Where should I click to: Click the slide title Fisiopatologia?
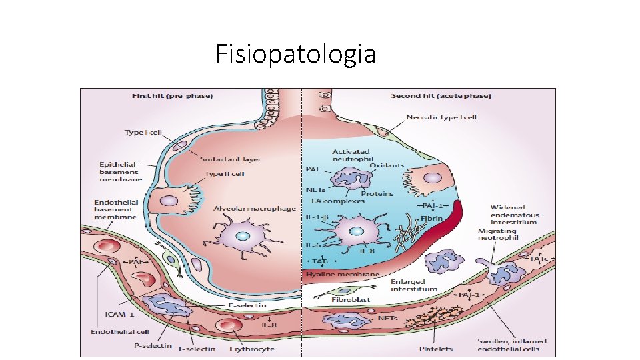point(295,54)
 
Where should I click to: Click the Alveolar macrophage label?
point(255,209)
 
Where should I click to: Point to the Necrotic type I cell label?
point(441,117)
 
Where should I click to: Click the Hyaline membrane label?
point(342,273)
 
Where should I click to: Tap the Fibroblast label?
point(351,300)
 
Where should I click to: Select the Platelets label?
point(436,348)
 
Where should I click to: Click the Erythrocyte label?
point(252,348)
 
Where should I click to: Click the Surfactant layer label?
point(231,159)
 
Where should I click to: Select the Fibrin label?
point(432,219)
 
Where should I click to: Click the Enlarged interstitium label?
point(413,285)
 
